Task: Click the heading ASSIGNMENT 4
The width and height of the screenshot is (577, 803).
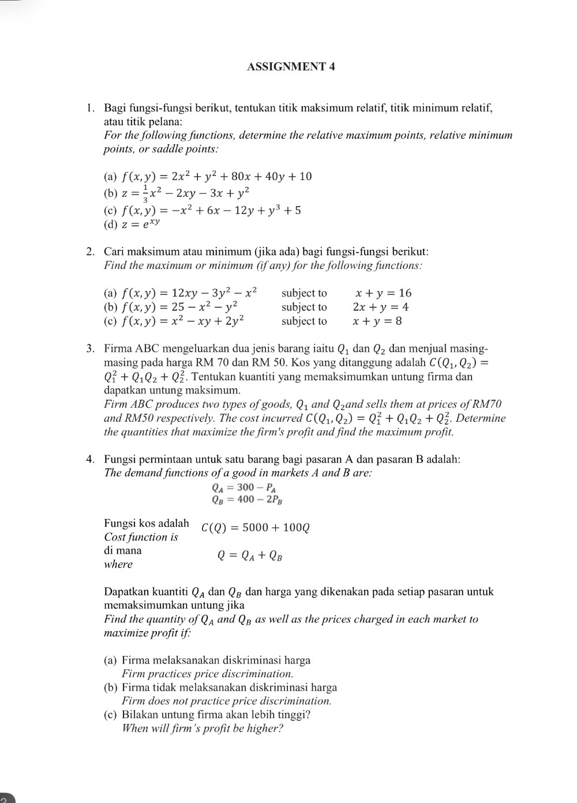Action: [x=291, y=66]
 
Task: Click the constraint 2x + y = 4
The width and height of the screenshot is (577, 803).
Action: [x=380, y=307]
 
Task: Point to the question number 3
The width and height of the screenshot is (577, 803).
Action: [x=90, y=348]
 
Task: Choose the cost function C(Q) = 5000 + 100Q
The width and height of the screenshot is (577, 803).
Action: [x=256, y=528]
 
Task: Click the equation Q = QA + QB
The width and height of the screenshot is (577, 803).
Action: [x=249, y=556]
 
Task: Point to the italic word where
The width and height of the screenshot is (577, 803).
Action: [x=118, y=564]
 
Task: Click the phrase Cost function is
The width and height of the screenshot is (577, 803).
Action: [x=141, y=537]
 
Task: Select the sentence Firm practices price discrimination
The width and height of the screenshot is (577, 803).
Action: [x=207, y=674]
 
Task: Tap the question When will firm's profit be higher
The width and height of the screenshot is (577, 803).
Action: [x=203, y=728]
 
